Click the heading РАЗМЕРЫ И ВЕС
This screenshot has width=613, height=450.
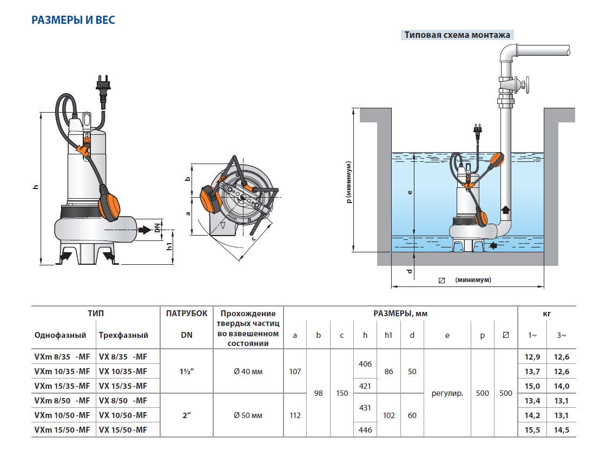(x=73, y=21)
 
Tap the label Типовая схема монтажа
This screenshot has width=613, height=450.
(x=457, y=35)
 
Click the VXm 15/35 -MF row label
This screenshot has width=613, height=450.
(x=62, y=386)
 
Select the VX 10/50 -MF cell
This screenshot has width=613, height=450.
(x=123, y=415)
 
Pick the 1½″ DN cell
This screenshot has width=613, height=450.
(x=186, y=371)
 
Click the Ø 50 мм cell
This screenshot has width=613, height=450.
(x=248, y=415)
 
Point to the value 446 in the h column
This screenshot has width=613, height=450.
(x=365, y=430)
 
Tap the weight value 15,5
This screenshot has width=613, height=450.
(x=532, y=430)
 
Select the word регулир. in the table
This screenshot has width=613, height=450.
(x=447, y=394)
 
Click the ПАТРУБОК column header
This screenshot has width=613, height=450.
(x=186, y=314)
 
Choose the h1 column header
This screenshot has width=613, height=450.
(x=388, y=336)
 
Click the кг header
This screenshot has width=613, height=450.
(x=547, y=314)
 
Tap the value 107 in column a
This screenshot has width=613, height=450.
(x=295, y=371)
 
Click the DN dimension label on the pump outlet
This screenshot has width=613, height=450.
(x=158, y=228)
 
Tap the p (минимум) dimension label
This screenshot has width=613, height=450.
(x=350, y=182)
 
